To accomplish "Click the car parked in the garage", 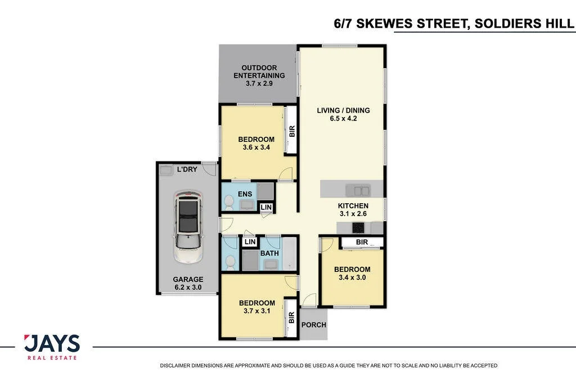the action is point(188,226).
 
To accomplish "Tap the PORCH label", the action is point(314,325).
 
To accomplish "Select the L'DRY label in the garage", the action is point(187,169).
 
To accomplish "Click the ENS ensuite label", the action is point(245,194).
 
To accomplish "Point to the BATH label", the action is point(269,253).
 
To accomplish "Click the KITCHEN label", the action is point(353,206).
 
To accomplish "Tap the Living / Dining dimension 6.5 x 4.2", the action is point(344,118).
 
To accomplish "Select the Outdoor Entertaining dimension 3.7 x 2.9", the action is point(259,83).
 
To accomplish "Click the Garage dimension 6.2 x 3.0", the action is point(188,288).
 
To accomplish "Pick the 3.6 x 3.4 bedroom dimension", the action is point(256,147).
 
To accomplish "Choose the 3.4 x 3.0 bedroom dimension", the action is point(352,277).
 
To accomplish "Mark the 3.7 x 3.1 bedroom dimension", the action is point(257,311).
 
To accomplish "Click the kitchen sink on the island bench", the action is point(358,191).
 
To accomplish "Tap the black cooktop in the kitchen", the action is point(358,228).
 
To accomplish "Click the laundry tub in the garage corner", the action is point(166,170).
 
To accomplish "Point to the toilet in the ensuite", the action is point(229,203).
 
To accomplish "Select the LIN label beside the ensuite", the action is point(266,207).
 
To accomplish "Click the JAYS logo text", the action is point(52,344).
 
